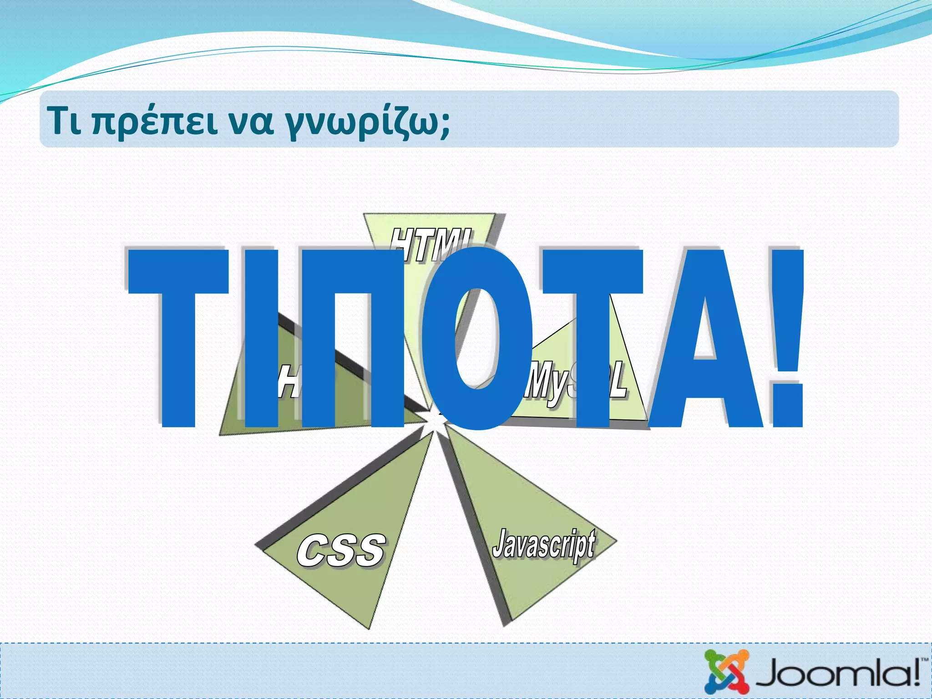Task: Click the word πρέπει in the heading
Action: [x=155, y=122]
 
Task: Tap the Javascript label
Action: [x=543, y=544]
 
